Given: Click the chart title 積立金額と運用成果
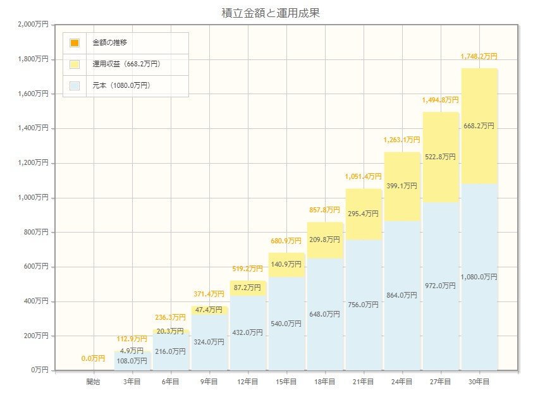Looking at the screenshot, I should tap(272, 13).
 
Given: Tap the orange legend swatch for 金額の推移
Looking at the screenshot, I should tap(75, 43).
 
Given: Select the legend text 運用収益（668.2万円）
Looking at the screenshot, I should tap(126, 64).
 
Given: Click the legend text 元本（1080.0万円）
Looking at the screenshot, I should tap(121, 85).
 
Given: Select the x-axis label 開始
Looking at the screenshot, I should tap(94, 382).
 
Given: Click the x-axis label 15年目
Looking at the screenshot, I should tap(286, 382).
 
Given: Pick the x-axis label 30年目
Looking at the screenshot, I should tap(479, 382).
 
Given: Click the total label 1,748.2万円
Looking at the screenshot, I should tap(479, 56).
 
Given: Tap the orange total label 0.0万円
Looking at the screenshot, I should tap(93, 358).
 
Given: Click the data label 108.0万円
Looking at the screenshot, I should tap(132, 361).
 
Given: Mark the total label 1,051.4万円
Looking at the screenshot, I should tap(364, 176).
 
